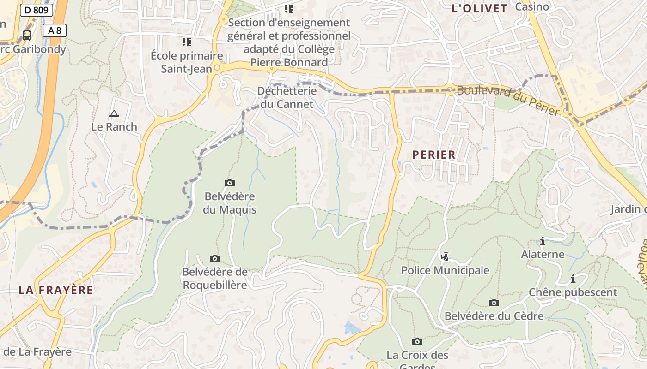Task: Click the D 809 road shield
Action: click(37, 10)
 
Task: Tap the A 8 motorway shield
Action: click(55, 30)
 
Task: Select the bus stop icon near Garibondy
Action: click(27, 35)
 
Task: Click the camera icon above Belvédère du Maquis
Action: click(229, 183)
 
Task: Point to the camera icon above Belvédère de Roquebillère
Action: click(214, 258)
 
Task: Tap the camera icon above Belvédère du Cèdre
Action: click(494, 303)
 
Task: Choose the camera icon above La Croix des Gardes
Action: click(417, 341)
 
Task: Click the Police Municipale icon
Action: click(445, 256)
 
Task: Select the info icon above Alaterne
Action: click(543, 241)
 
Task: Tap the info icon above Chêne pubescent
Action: click(573, 279)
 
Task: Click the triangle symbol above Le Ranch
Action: click(114, 113)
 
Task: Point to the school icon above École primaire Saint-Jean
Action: click(187, 42)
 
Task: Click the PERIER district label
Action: click(434, 155)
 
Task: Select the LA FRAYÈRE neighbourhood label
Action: click(56, 290)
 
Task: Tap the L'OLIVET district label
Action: click(479, 8)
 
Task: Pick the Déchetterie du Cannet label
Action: click(287, 97)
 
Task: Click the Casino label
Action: click(532, 6)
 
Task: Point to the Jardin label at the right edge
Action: click(628, 209)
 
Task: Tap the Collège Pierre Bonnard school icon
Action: click(289, 8)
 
